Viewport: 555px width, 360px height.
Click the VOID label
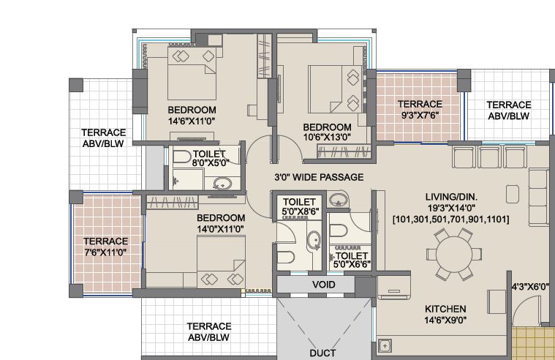(323, 285)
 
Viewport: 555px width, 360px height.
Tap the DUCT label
(322, 353)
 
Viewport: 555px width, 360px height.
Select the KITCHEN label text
(445, 309)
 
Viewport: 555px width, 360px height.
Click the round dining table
(454, 254)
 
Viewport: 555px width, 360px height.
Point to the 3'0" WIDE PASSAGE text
(319, 177)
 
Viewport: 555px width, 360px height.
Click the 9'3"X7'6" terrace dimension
(420, 116)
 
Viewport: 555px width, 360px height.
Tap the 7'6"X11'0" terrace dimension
(105, 252)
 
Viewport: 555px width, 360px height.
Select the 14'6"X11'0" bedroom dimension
(192, 121)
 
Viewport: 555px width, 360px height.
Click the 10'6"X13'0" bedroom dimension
(327, 137)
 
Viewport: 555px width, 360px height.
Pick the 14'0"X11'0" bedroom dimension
(221, 229)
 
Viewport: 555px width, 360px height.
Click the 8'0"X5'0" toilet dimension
(211, 162)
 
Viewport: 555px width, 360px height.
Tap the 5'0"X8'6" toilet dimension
(301, 211)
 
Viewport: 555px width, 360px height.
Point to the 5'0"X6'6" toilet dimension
(352, 264)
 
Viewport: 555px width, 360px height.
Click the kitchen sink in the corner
(385, 346)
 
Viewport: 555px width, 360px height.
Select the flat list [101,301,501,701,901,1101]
(451, 220)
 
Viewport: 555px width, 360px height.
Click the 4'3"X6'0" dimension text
(530, 287)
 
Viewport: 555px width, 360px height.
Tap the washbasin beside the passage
(337, 200)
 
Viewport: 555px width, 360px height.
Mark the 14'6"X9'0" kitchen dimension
(445, 320)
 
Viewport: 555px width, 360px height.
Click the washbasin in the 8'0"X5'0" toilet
(223, 184)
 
